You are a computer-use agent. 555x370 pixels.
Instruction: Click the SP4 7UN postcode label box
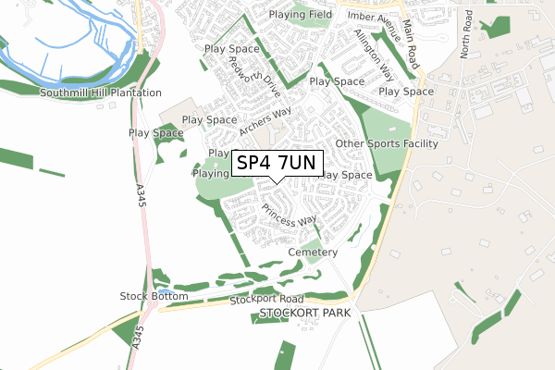[x=277, y=164]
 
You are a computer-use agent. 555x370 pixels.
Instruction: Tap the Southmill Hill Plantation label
[x=101, y=93]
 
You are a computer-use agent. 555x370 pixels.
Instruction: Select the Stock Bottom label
[x=154, y=296]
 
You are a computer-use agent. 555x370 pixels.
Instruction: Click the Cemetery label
[x=314, y=253]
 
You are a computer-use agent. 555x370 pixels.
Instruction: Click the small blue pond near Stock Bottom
[x=164, y=291]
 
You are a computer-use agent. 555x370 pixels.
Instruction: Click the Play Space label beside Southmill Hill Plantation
[x=155, y=133]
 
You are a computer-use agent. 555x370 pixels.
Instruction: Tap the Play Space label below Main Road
[x=406, y=92]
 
